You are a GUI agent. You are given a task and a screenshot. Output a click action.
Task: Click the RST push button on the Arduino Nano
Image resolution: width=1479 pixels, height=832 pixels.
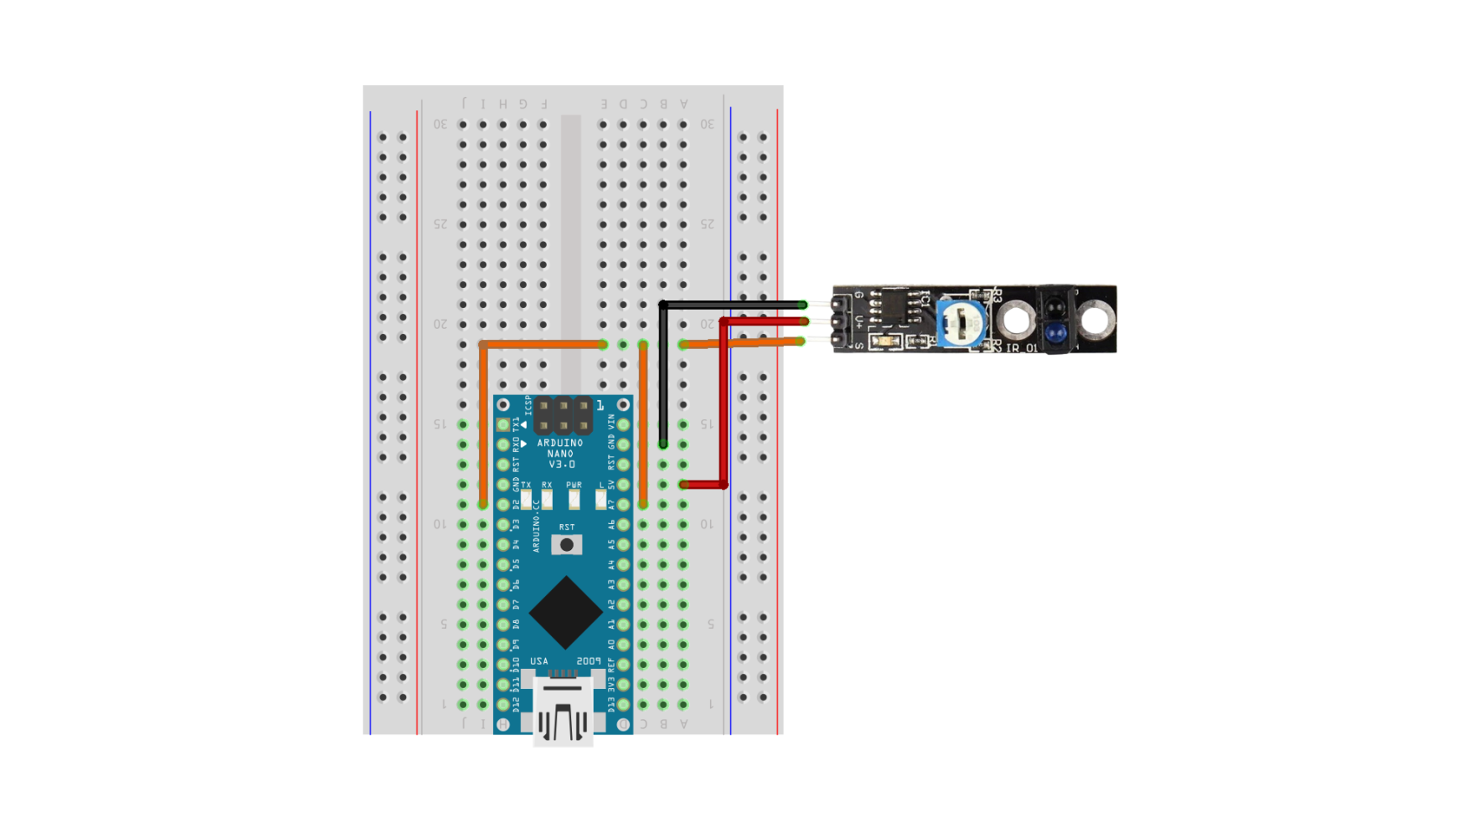pos(566,544)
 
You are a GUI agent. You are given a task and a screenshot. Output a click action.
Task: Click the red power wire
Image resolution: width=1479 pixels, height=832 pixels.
pos(723,402)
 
